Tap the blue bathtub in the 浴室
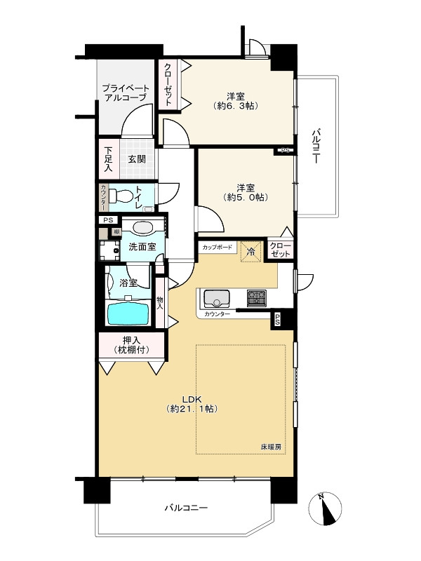coord(128,314)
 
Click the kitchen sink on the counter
coord(217,299)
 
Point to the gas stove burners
coord(256,298)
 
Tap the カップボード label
coord(218,248)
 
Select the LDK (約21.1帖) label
coord(192,404)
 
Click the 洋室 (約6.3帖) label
coord(236,101)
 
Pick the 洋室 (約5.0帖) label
coord(246,192)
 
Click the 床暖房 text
coord(271,447)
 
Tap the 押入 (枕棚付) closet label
coord(131,345)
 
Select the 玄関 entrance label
coord(137,159)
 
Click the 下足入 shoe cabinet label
coord(108,160)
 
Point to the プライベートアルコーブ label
coord(126,93)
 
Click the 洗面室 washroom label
coord(142,247)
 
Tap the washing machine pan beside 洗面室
coord(109,250)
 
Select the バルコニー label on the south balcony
coord(186,508)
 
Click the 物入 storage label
coord(160,303)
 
